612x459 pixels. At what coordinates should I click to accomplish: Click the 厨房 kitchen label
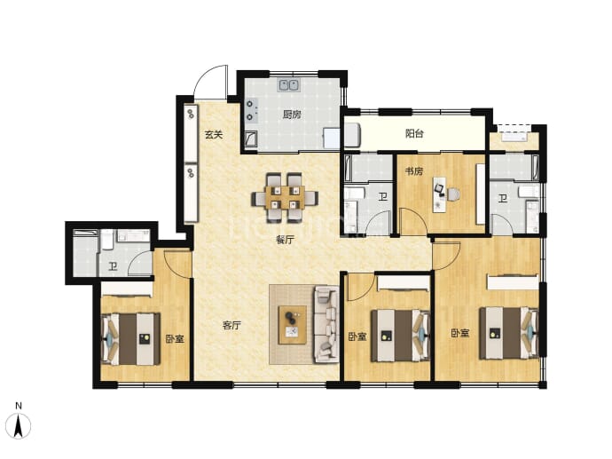[x=292, y=115]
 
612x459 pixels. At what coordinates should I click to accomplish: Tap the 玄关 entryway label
[x=214, y=134]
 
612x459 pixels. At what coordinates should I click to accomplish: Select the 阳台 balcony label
[x=414, y=133]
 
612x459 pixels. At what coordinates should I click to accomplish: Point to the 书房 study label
[x=413, y=171]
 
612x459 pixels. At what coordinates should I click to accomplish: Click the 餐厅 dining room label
[x=285, y=240]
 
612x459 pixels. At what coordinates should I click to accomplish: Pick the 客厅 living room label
[x=231, y=325]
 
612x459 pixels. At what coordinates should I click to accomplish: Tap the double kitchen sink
[x=289, y=85]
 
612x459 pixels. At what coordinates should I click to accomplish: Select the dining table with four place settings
[x=285, y=198]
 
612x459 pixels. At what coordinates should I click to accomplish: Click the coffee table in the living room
[x=292, y=325]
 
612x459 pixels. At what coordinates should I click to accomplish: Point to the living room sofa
[x=326, y=324]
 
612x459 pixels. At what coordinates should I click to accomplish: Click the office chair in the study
[x=452, y=194]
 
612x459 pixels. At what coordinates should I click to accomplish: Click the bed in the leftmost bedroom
[x=130, y=338]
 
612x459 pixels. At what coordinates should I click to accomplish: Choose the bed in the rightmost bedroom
[x=509, y=333]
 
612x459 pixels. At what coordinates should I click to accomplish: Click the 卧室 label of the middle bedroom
[x=357, y=336]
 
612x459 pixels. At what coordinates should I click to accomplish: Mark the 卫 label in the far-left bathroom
[x=113, y=267]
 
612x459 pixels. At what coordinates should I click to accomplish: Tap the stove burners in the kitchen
[x=252, y=110]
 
